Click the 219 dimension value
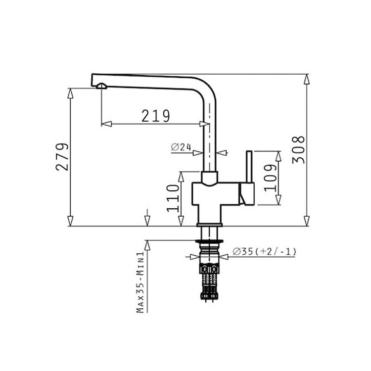[156, 116]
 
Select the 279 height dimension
[62, 157]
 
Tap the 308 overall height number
[298, 150]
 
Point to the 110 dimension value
[173, 198]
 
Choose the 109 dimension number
[270, 178]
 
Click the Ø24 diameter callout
[181, 147]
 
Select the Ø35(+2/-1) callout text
[264, 251]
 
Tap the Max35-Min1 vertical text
[140, 282]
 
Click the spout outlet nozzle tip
[102, 86]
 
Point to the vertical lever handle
[249, 167]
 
